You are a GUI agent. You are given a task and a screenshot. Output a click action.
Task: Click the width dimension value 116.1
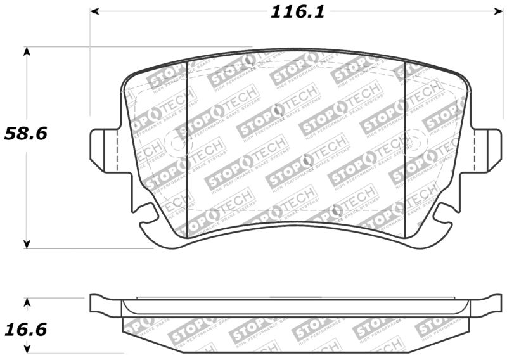(x=297, y=11)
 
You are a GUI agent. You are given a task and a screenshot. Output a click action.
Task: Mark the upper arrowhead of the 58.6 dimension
(x=27, y=51)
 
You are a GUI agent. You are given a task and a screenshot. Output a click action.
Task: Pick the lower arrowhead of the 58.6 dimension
(x=27, y=243)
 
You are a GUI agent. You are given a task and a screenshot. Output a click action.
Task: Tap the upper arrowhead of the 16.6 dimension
(x=27, y=302)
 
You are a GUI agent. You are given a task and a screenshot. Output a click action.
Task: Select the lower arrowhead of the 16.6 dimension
(x=27, y=348)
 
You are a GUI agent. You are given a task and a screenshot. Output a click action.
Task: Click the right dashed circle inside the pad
(x=416, y=141)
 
